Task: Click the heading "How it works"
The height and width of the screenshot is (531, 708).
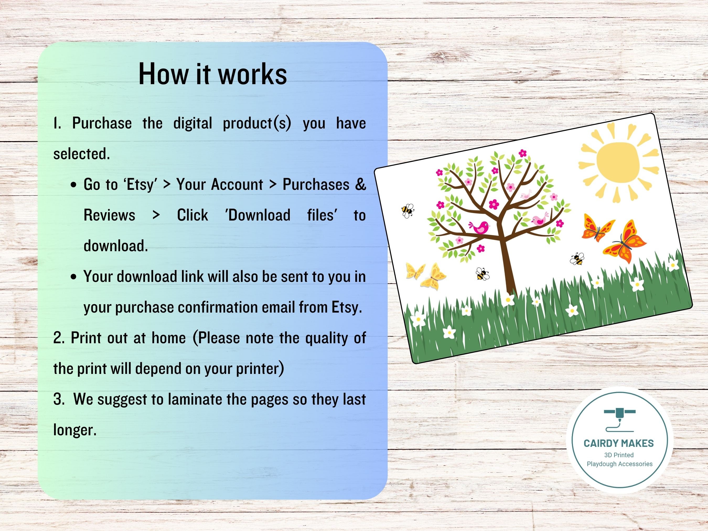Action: (212, 74)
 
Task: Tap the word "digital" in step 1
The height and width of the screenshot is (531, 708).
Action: (193, 124)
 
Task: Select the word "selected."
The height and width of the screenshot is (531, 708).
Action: (82, 154)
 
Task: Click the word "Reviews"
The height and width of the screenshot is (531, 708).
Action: (109, 215)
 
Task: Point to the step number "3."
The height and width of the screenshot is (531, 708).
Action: (59, 399)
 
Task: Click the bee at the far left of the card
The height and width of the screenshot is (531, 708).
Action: (407, 211)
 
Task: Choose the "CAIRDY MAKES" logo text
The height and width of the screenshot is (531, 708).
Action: (618, 444)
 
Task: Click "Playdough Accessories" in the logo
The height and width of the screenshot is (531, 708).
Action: (619, 464)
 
